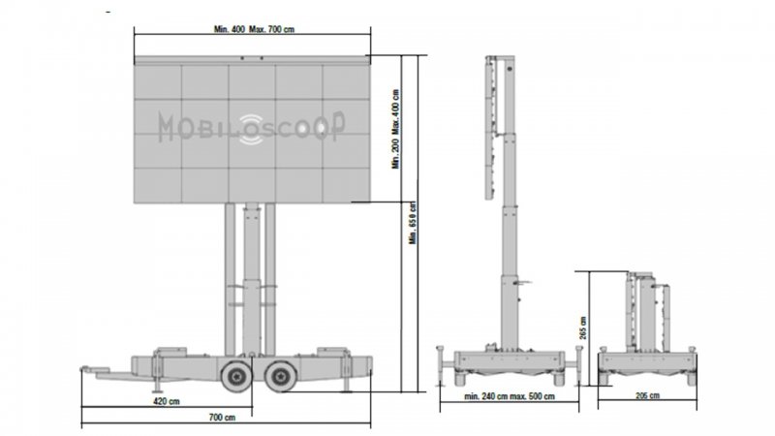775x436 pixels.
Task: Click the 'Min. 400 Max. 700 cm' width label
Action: coord(254,29)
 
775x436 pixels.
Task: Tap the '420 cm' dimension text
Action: coord(167,401)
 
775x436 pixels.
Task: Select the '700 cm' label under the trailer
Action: coord(222,418)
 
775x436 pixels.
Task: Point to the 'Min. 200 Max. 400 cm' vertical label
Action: coord(395,129)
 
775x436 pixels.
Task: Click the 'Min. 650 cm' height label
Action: coord(413,223)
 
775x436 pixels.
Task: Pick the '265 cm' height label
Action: coord(583,327)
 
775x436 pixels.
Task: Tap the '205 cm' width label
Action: coord(647,395)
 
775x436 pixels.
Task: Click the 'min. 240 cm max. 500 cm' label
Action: coord(510,396)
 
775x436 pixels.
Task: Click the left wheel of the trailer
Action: coord(236,376)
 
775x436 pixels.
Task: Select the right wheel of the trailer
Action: coord(281,376)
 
